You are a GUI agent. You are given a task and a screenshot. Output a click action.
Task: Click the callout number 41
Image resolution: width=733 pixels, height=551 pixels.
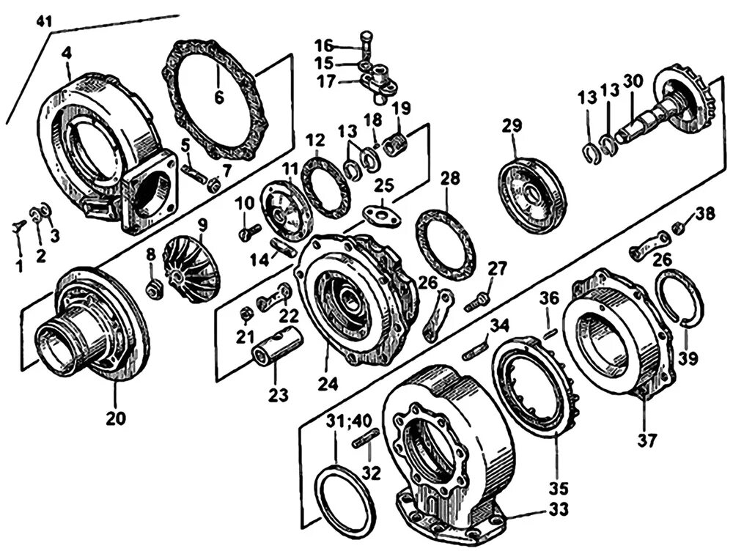point(44,22)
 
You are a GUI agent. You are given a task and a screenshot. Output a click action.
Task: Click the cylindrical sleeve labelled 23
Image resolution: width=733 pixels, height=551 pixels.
point(279,349)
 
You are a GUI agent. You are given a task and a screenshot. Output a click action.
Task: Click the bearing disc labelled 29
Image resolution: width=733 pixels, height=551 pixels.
point(533,195)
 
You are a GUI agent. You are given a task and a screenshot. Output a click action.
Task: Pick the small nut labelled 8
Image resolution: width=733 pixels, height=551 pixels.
point(154,290)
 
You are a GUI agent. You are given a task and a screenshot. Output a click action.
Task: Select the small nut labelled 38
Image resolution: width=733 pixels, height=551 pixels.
point(679,228)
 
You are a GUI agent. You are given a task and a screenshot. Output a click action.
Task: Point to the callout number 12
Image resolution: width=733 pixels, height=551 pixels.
point(314,141)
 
